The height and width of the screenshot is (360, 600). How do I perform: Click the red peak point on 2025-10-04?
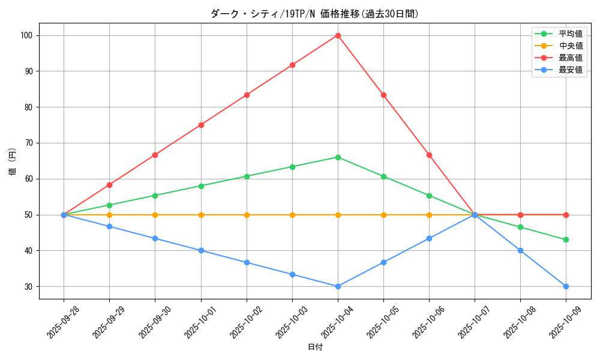tap(338, 35)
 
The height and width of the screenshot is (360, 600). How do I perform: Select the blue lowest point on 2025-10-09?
tap(566, 286)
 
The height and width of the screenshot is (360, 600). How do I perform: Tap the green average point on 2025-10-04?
tap(338, 157)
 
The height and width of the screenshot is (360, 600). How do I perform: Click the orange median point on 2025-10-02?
tap(247, 215)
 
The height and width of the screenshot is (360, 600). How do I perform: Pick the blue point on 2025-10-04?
tap(338, 286)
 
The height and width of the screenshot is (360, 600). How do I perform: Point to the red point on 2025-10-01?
tap(201, 125)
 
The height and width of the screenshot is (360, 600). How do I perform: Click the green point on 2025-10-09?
tap(566, 240)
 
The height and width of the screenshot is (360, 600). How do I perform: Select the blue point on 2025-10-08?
tap(520, 250)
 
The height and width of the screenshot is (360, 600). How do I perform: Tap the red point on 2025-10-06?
tap(429, 155)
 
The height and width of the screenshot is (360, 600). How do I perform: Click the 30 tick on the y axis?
tap(28, 286)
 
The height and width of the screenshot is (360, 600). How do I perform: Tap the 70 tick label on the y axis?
tap(28, 143)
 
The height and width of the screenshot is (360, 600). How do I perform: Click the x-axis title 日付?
tap(315, 347)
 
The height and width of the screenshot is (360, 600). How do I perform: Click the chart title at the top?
tap(315, 13)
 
